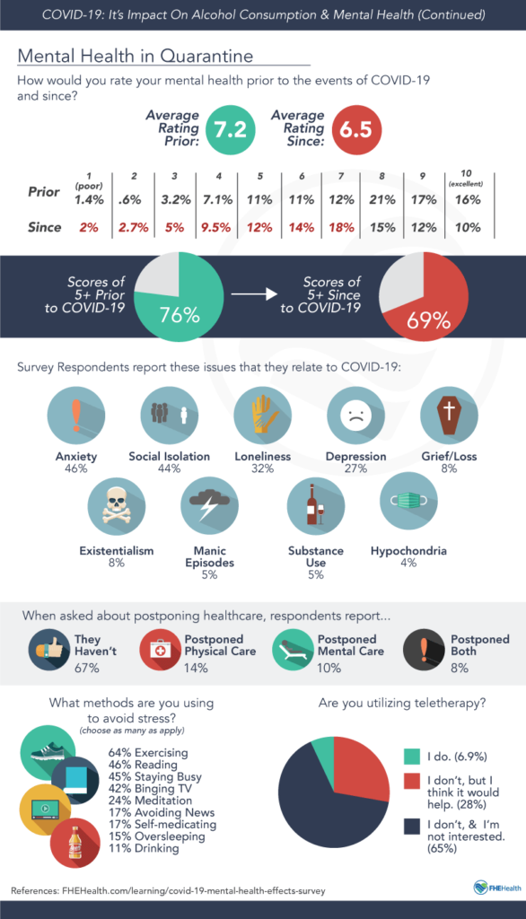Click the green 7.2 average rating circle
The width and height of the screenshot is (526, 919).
[231, 129]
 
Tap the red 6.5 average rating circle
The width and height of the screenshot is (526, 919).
[356, 129]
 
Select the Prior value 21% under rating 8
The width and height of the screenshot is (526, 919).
[382, 200]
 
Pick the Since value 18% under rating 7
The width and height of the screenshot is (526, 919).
[341, 227]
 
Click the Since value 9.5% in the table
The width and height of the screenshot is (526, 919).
[215, 227]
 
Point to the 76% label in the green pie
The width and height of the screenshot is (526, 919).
[180, 315]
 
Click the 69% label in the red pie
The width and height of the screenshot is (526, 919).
[428, 320]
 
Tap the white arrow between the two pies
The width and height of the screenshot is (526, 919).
[254, 293]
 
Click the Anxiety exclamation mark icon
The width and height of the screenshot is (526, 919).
[75, 416]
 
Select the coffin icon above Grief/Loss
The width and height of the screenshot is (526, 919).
[449, 416]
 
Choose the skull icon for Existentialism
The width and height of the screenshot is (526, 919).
[116, 506]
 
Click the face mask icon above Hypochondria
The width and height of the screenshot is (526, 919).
[408, 501]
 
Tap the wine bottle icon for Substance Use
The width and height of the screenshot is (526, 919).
[315, 506]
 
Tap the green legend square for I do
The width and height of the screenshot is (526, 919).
[412, 757]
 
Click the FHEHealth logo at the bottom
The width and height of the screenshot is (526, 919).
[496, 888]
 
